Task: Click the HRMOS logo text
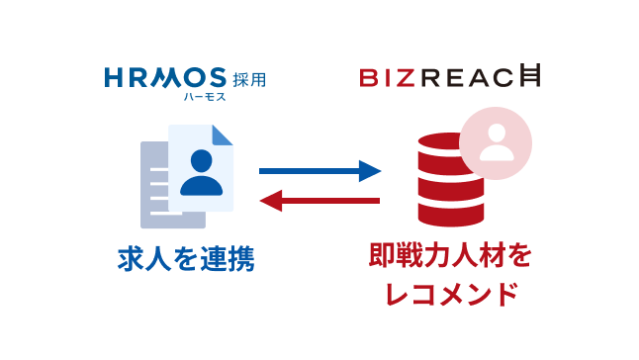coord(165,77)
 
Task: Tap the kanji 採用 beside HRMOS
coord(250,78)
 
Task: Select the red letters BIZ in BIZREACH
coord(384,77)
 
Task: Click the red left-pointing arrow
coord(319,202)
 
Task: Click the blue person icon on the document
coord(202,170)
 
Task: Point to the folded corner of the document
coord(224,135)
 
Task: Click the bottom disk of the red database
coord(451,209)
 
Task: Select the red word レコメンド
coord(450,294)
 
